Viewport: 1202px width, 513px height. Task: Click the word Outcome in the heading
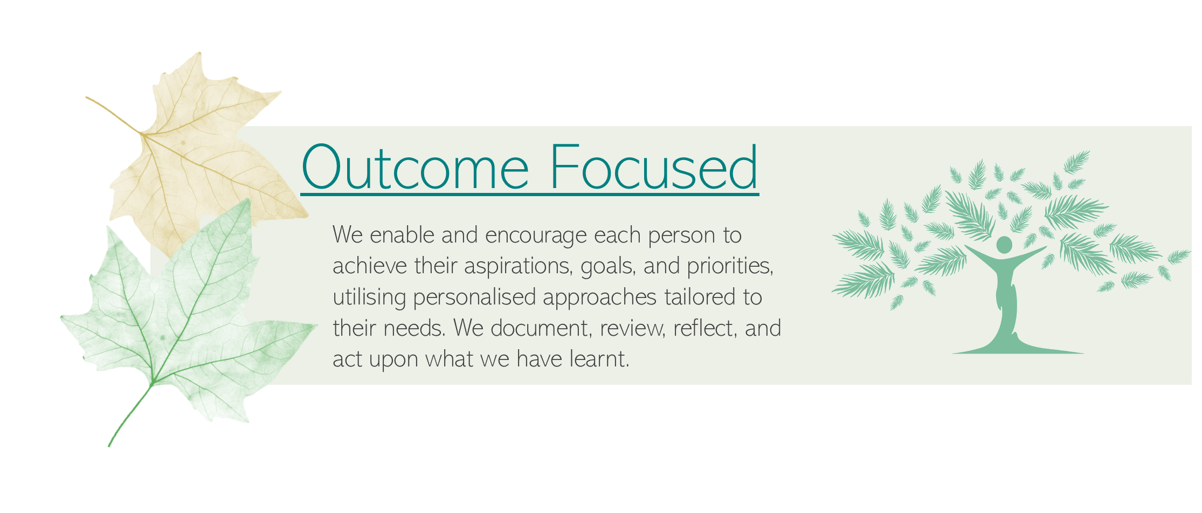coord(415,167)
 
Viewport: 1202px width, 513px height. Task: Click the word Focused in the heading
coord(654,167)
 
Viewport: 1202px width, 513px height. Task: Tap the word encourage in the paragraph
coord(536,235)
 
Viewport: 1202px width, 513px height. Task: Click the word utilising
coord(369,297)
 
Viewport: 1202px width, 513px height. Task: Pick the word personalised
coord(474,297)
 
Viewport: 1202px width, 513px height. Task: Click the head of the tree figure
coord(1004,245)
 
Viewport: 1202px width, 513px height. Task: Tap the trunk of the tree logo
coord(1006,302)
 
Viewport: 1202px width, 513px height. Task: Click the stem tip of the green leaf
coord(109,446)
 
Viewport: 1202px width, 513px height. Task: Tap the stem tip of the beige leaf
coord(87,98)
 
